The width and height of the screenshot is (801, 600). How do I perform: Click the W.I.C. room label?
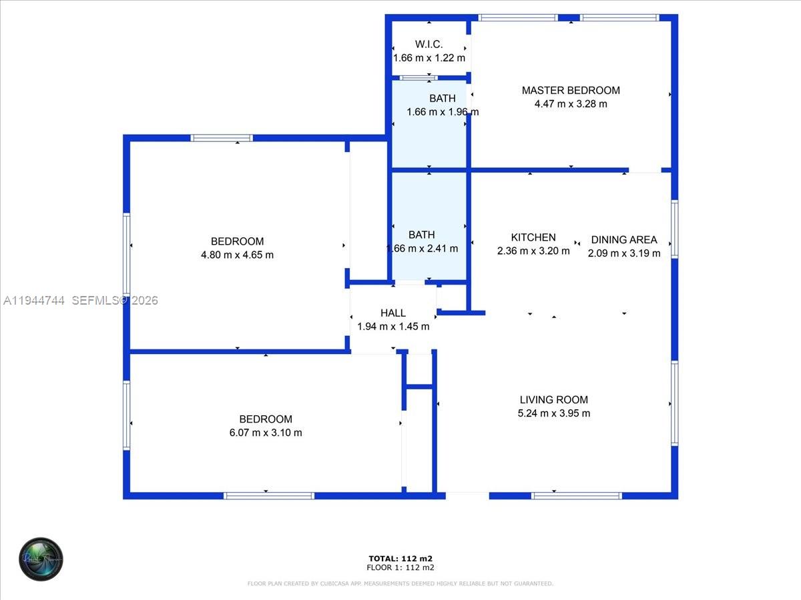coord(429,44)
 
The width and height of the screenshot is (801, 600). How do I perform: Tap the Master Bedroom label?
coord(571,90)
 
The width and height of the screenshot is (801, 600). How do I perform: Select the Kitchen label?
coord(533,237)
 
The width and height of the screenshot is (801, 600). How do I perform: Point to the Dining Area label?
coord(624,239)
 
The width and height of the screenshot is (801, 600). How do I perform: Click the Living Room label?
coord(554,399)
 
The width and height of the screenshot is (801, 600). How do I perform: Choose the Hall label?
coord(393,313)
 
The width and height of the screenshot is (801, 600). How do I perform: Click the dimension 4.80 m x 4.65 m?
coord(237,255)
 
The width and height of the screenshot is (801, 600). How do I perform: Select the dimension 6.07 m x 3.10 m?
coord(266,433)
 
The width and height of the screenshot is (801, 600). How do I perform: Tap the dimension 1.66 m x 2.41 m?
coord(422,249)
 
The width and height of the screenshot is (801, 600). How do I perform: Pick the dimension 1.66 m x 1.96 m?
coord(443,112)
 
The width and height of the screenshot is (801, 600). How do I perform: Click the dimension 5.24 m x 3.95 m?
coord(554,413)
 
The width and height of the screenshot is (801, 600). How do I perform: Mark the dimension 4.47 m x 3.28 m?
coord(571,104)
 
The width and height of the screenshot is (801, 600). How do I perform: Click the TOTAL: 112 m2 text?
coord(400,559)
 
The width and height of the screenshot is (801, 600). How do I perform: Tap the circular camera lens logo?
coord(41,559)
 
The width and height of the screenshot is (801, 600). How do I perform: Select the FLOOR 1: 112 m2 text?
coord(400,568)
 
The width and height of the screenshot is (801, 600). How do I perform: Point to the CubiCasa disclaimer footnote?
coord(400,584)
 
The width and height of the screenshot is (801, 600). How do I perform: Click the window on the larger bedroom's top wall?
coord(222,138)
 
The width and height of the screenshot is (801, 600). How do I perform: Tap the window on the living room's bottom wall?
coord(577,495)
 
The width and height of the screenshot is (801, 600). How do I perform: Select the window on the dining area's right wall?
coord(674,229)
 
